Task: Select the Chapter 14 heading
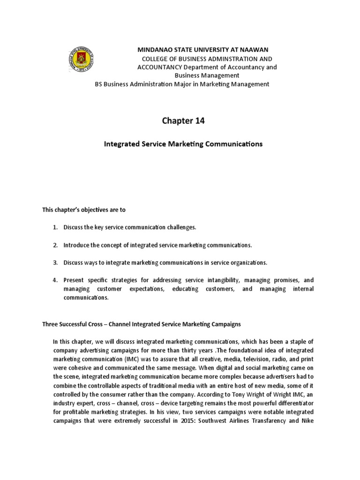(183, 121)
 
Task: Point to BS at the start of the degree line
(99, 84)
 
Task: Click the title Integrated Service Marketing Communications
(183, 144)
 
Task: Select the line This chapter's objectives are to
(84, 210)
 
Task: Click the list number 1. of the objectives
(55, 227)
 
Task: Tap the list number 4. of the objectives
(55, 280)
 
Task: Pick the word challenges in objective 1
(181, 227)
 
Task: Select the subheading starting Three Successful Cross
(142, 324)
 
